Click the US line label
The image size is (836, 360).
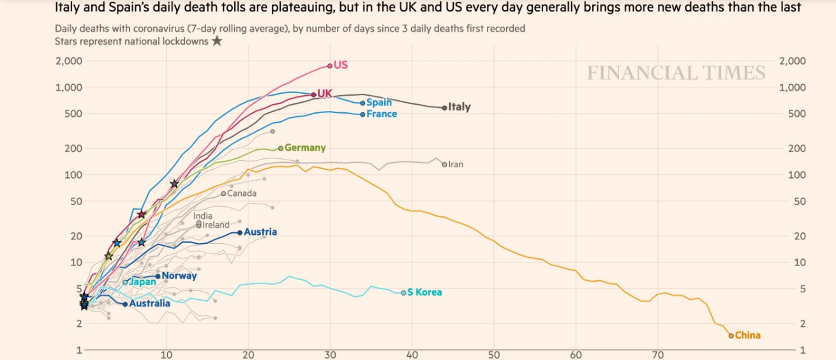tap(341, 65)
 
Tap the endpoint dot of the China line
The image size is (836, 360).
tap(731, 335)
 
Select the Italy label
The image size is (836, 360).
tap(459, 107)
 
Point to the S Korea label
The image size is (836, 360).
tap(424, 292)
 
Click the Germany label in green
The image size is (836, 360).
tap(305, 148)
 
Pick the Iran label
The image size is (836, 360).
tap(456, 164)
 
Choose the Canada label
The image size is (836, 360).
tap(242, 193)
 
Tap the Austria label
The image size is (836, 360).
tap(260, 232)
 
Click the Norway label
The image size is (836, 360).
tap(179, 276)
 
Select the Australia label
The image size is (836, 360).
tap(150, 304)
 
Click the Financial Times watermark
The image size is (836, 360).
tap(676, 73)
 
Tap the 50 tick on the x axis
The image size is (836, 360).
tap(494, 356)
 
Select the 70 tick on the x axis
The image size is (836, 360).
tap(658, 356)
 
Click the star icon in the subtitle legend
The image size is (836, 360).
tap(217, 41)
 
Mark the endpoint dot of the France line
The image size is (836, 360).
tap(362, 114)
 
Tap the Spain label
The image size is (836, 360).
tap(379, 102)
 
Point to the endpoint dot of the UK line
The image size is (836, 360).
tap(313, 94)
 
